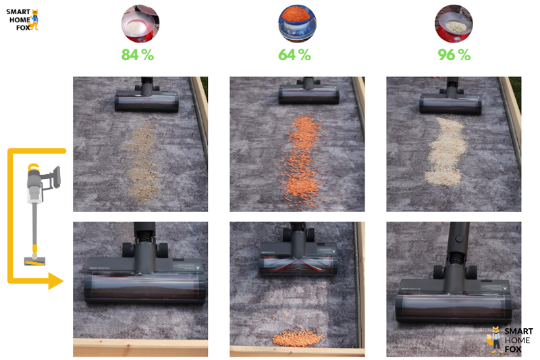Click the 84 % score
[138, 55]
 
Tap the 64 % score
[294, 55]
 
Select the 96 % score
[454, 55]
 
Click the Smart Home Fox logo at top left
[22, 20]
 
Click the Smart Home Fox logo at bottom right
[510, 340]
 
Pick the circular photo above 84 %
[140, 24]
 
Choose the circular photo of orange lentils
[297, 24]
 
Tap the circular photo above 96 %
[454, 24]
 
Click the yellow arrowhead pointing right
[56, 281]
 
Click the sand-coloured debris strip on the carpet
[142, 163]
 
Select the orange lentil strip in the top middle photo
[300, 162]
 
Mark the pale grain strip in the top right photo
[446, 151]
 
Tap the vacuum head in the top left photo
[146, 100]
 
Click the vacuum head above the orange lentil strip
[309, 94]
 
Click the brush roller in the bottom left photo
[145, 288]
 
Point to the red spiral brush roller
[298, 265]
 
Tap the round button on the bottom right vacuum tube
[458, 238]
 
